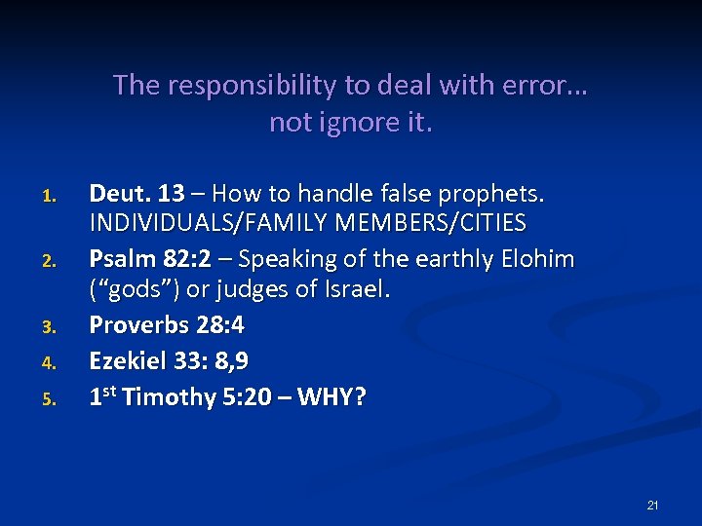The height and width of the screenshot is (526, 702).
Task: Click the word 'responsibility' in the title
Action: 248,86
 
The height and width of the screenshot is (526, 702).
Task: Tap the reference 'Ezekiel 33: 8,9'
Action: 169,361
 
